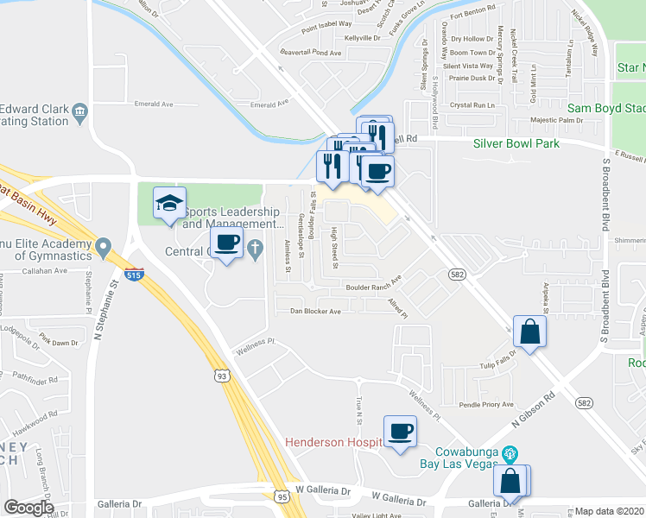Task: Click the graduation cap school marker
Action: [170, 204]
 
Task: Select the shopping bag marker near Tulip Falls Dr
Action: [529, 332]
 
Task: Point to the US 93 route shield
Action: [223, 376]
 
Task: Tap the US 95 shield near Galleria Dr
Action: [282, 496]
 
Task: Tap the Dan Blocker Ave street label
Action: [315, 311]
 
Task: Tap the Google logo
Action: [29, 507]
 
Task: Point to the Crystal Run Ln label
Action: [477, 104]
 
